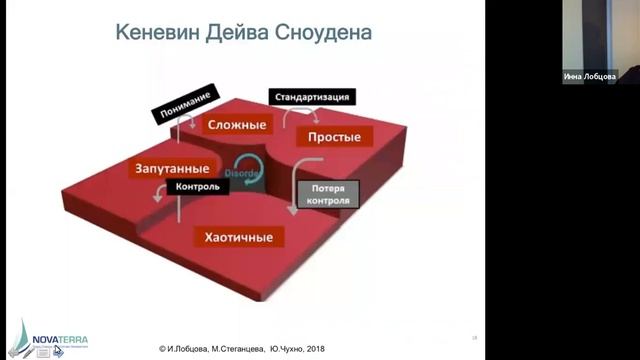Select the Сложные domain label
(236, 125)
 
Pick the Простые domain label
(334, 136)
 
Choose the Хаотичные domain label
(238, 237)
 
